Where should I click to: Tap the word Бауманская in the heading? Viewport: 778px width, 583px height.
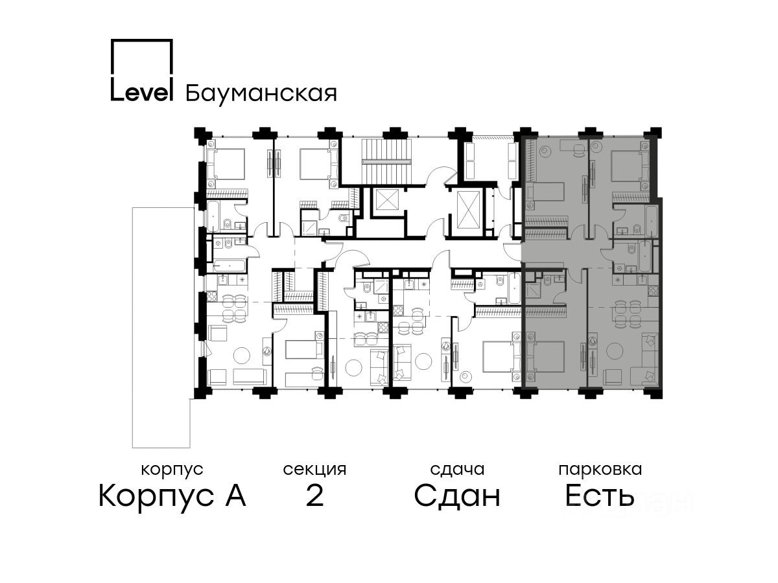tap(261, 93)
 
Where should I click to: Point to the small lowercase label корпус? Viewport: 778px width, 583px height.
tap(172, 469)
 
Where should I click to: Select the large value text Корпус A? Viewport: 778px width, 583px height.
tap(172, 497)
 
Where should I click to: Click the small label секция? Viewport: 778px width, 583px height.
tap(314, 469)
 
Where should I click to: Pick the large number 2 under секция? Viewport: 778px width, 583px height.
tap(314, 497)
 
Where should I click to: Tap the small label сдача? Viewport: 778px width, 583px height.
tap(457, 469)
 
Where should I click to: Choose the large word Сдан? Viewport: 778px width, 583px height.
tap(457, 497)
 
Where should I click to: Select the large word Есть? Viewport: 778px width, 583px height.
tap(600, 497)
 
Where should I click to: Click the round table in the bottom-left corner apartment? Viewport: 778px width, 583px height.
tap(242, 355)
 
